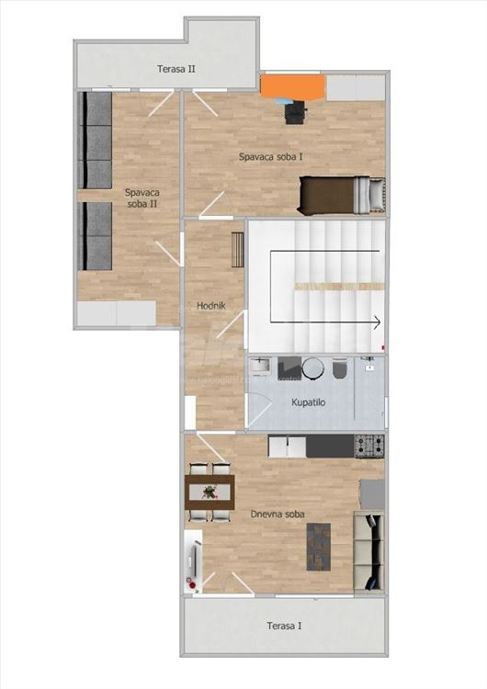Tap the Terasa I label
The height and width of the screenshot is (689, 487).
pos(283,626)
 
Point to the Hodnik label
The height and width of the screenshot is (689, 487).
pos(211,305)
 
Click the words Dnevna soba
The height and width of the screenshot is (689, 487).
pos(277,514)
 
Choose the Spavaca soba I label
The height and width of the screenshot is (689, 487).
pos(271,157)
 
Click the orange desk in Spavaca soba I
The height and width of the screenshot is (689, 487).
pos(292,86)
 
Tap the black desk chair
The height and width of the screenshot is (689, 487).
pos(294,112)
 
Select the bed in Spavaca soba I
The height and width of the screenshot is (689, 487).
pos(341,194)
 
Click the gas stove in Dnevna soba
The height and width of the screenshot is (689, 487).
pos(369,446)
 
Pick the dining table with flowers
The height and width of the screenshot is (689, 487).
pos(210,491)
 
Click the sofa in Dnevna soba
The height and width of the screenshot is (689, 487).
pos(368,551)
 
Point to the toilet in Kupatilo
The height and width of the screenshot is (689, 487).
pos(340,368)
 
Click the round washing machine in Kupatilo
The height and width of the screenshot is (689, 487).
pos(313,367)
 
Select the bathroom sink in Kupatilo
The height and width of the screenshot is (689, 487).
pos(260,367)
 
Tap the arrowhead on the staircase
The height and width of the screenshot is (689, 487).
pos(377,322)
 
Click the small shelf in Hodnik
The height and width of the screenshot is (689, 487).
pos(237,249)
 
